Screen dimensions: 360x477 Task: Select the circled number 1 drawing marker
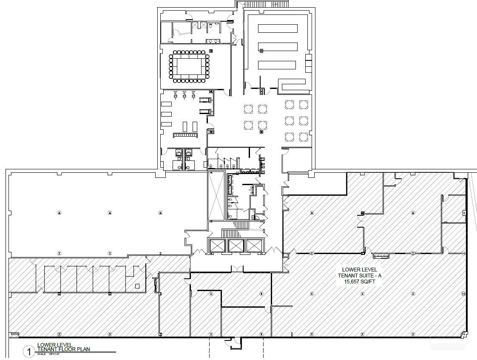[x=29, y=351]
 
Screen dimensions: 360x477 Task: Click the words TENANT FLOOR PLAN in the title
[x=63, y=349]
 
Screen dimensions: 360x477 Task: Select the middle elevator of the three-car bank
[x=236, y=245]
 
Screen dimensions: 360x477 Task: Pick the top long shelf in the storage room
[x=278, y=29]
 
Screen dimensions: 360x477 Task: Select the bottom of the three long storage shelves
[x=277, y=65]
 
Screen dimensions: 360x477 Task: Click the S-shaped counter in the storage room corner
[x=292, y=84]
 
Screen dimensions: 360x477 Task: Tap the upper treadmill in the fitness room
[x=205, y=100]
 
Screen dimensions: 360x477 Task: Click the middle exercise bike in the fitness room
[x=184, y=94]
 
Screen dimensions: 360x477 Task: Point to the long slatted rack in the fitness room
[x=185, y=135]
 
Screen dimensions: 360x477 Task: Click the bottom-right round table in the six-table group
[x=303, y=137]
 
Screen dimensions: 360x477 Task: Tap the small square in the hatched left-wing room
[x=137, y=286]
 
